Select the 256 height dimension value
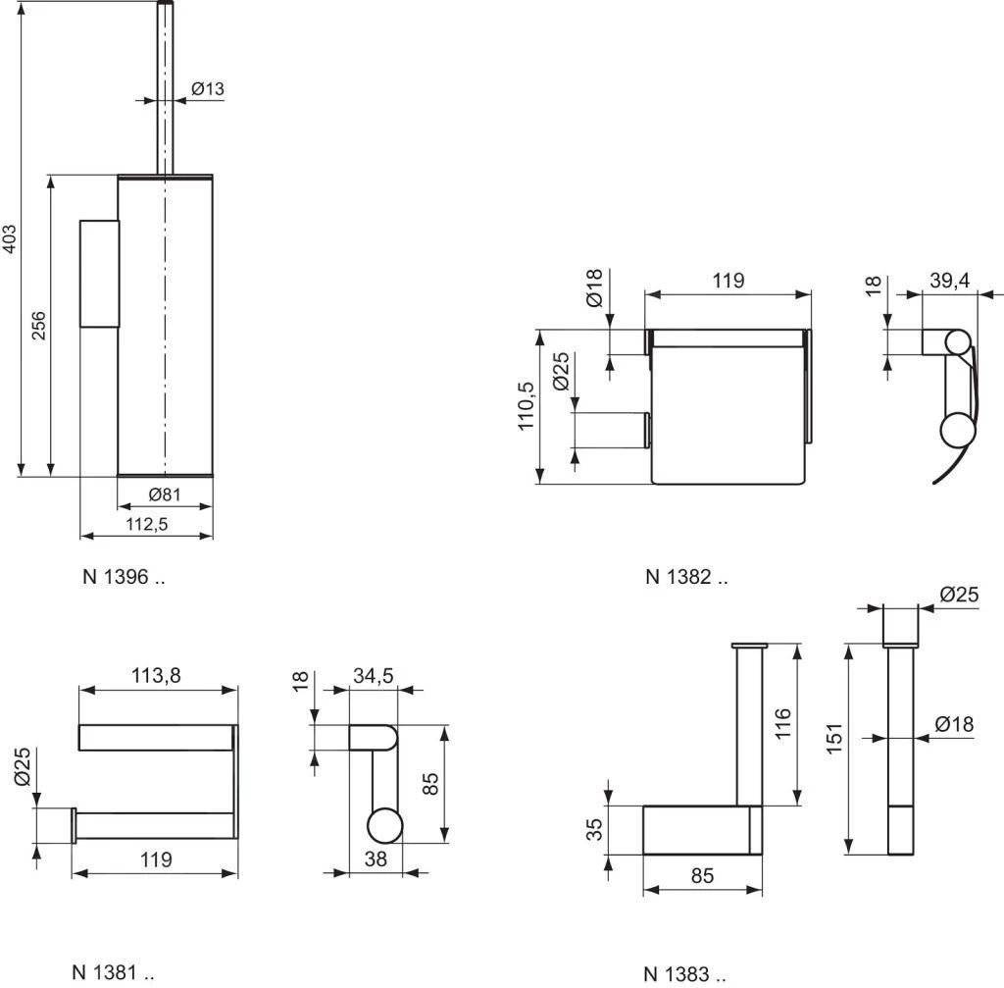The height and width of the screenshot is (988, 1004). pyautogui.click(x=38, y=326)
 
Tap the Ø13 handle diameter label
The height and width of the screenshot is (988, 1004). pyautogui.click(x=207, y=89)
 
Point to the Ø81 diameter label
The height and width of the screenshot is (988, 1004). pyautogui.click(x=164, y=494)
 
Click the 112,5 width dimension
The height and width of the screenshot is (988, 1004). pyautogui.click(x=146, y=524)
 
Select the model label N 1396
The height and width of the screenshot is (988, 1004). pyautogui.click(x=123, y=577)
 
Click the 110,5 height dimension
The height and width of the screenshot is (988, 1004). pyautogui.click(x=527, y=407)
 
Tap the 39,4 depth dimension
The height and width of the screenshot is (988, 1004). pyautogui.click(x=949, y=281)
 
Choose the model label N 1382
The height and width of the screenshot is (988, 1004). pyautogui.click(x=686, y=577)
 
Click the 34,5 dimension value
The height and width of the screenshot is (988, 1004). pyautogui.click(x=373, y=676)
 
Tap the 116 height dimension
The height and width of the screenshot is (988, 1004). pyautogui.click(x=781, y=725)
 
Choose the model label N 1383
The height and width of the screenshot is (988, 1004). pyautogui.click(x=684, y=974)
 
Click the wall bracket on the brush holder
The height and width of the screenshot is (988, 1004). pyautogui.click(x=98, y=273)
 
